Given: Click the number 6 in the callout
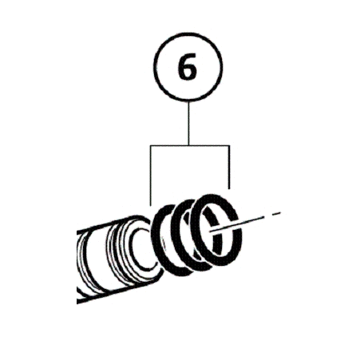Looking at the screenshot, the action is coord(188,66).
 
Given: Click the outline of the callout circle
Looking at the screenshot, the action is coord(154,66).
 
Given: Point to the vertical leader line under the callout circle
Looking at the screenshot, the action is coord(188,123).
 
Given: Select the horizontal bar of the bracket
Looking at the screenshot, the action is coord(190,145).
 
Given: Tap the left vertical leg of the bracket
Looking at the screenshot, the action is coord(151,176).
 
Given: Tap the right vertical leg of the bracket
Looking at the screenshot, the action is coord(229,167).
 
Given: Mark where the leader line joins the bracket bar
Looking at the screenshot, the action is coord(188,145).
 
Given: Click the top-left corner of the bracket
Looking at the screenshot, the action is coord(151,145).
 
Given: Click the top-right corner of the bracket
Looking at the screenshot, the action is coord(229,145).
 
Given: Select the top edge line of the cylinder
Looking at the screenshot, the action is coord(105,225).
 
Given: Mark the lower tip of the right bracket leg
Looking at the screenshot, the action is coord(229,189).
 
